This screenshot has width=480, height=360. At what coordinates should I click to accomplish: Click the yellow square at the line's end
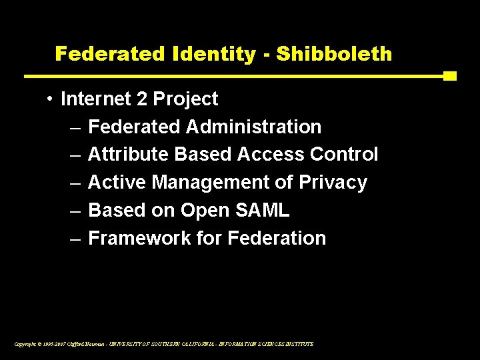click(450, 76)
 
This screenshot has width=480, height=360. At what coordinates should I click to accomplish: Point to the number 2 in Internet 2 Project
click(141, 99)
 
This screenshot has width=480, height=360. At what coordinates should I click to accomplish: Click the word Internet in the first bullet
click(94, 99)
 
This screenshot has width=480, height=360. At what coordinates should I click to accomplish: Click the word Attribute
click(129, 155)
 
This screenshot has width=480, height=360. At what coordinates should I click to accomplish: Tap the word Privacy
click(333, 183)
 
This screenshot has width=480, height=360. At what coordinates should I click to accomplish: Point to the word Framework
click(131, 239)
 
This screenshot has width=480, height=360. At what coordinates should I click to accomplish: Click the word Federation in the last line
click(277, 239)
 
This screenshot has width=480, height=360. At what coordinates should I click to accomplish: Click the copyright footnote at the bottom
click(163, 344)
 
